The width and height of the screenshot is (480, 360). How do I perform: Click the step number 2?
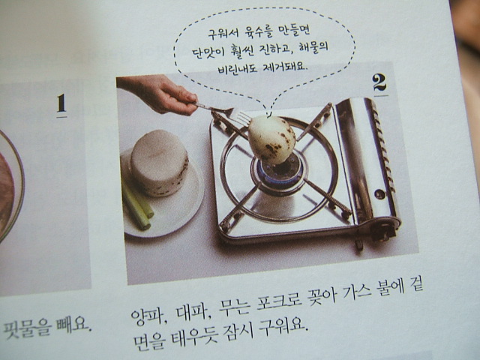[379, 82]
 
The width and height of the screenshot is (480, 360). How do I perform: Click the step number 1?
[61, 103]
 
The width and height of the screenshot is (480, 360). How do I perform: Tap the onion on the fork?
[271, 139]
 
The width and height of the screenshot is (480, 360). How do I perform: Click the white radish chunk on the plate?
[159, 163]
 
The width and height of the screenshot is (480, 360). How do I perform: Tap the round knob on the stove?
[379, 193]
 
